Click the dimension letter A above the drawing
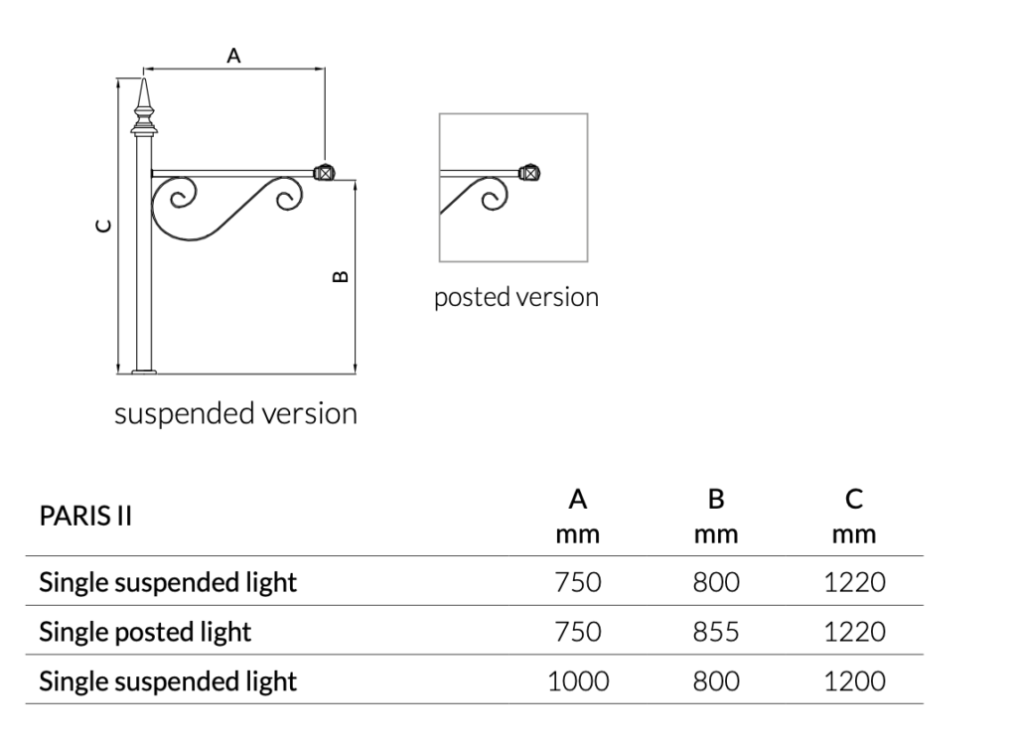233,57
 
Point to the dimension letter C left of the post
102,226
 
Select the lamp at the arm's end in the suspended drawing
323,172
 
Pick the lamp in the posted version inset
531,173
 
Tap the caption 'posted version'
515,297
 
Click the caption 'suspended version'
235,413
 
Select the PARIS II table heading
85,518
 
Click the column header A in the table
577,499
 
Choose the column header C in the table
854,499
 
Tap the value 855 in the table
716,632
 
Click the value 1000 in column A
578,681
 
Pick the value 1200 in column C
854,681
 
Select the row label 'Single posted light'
145,632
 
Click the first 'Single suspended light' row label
168,582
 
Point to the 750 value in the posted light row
577,632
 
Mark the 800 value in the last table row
716,681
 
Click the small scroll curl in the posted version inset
489,200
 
